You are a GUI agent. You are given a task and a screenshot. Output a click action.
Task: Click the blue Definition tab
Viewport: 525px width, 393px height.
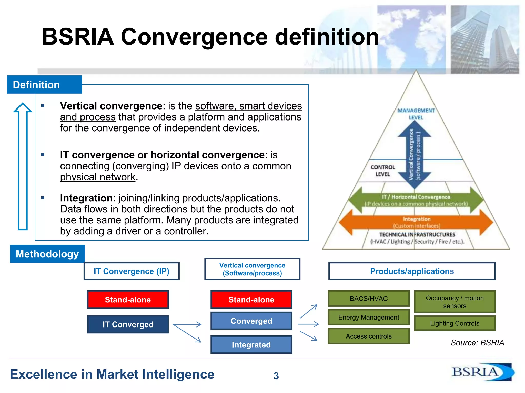[44, 85]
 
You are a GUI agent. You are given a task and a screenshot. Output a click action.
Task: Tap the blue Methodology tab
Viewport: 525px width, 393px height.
[47, 254]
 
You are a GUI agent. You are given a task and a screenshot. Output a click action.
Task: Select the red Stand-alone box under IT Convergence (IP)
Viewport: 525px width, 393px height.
[128, 300]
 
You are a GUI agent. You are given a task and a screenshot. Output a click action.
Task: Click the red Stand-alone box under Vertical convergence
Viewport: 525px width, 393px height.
[251, 300]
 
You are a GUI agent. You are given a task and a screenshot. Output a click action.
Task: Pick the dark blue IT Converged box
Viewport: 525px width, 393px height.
[128, 324]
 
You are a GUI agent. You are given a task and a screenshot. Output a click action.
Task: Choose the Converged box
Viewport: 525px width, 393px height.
[251, 321]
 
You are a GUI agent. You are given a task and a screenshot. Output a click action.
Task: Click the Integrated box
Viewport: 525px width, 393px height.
[251, 345]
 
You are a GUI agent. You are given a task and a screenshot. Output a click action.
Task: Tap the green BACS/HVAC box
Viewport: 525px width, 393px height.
[369, 299]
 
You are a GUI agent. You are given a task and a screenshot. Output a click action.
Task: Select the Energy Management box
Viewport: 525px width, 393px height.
[369, 317]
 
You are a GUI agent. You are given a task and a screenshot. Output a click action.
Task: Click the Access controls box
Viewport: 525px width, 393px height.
[369, 336]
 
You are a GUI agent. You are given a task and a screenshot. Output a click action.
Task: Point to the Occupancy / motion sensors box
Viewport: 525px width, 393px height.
[455, 302]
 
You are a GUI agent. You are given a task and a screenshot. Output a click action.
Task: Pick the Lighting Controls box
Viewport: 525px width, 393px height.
[455, 323]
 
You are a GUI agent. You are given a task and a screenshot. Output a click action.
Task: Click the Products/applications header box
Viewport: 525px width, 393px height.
[412, 271]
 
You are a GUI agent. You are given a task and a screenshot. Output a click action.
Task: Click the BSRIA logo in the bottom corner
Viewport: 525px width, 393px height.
[482, 372]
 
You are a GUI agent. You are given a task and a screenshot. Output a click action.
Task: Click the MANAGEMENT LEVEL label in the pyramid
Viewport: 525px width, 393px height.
[416, 114]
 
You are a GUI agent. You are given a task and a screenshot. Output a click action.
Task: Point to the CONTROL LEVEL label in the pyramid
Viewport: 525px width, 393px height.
[382, 171]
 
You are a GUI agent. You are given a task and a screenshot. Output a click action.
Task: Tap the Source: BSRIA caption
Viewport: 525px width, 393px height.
[477, 343]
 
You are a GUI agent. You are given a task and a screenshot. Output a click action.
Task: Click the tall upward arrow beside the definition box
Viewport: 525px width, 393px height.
[23, 166]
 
